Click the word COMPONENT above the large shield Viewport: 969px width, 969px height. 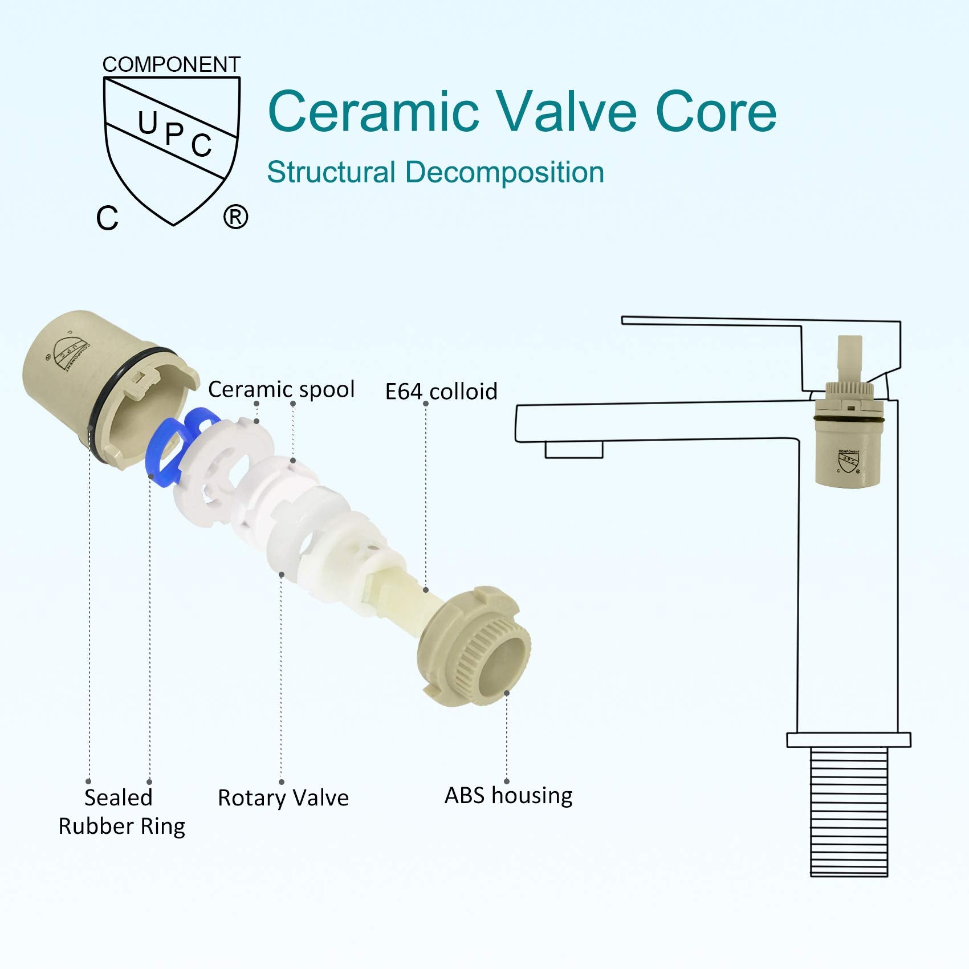click(x=171, y=64)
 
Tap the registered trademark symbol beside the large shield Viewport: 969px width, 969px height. click(x=235, y=217)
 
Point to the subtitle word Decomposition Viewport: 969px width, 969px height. click(x=504, y=172)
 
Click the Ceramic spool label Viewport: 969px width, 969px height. click(x=281, y=389)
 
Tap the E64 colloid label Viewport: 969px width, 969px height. click(x=441, y=392)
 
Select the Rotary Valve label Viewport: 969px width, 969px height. click(x=283, y=798)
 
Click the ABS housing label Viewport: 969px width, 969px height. click(x=508, y=796)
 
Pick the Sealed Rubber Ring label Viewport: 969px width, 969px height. click(x=121, y=812)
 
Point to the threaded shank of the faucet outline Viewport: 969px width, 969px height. click(x=849, y=813)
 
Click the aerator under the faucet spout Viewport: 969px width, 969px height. click(x=574, y=450)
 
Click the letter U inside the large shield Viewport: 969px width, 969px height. click(x=148, y=122)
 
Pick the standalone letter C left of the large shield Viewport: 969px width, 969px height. click(x=107, y=218)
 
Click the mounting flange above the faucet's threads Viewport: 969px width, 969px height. click(x=849, y=740)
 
